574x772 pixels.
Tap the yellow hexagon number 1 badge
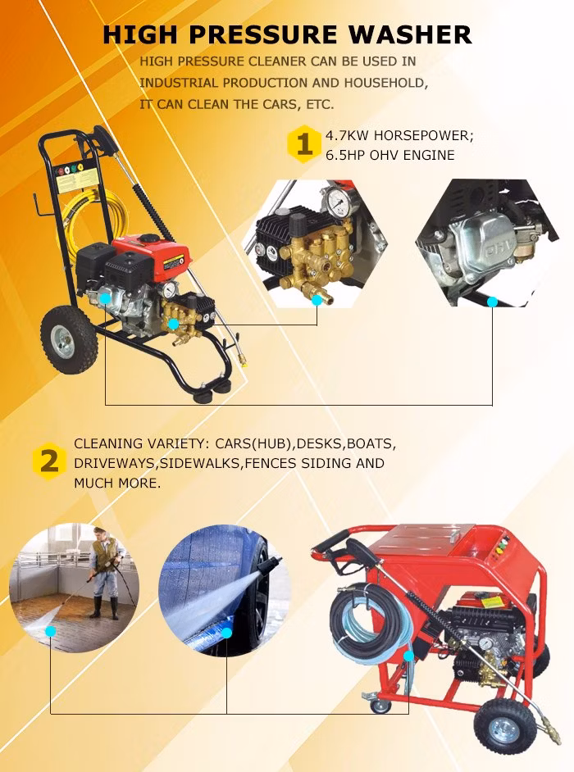tap(304, 145)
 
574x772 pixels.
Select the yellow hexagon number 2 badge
tap(49, 462)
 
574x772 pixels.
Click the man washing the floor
tap(104, 572)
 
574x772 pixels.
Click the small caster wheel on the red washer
tap(380, 704)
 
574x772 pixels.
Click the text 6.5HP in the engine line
tap(346, 155)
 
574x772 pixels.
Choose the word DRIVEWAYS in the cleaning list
tap(114, 463)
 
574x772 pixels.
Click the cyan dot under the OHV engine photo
tap(492, 302)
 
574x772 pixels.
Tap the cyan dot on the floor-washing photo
tap(50, 631)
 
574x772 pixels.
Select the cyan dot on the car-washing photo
tap(226, 633)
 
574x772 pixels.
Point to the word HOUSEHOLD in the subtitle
tap(385, 83)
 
